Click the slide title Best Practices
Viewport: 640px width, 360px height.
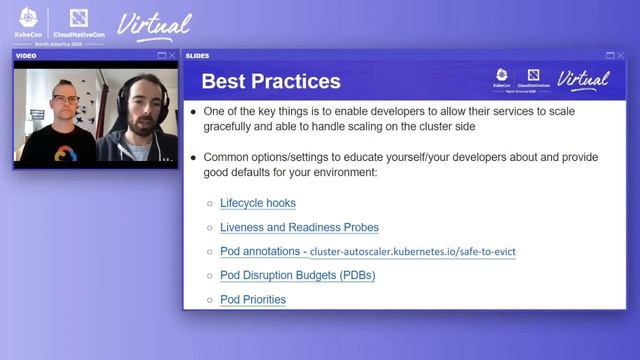coord(271,82)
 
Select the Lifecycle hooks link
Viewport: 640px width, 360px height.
coord(257,203)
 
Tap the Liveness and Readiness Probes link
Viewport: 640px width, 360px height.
coord(299,227)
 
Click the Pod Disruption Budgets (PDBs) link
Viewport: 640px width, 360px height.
coord(297,275)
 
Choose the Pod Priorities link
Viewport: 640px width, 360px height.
coord(252,299)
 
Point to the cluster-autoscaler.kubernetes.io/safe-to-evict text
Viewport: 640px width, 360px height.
coord(412,252)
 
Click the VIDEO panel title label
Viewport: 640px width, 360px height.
coord(26,56)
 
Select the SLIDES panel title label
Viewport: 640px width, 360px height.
coord(198,56)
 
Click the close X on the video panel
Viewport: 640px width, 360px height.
coord(173,56)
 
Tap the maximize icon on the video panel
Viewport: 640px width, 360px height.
coord(162,56)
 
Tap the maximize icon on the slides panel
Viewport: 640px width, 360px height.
coord(609,56)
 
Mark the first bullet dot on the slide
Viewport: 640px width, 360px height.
coord(194,112)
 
